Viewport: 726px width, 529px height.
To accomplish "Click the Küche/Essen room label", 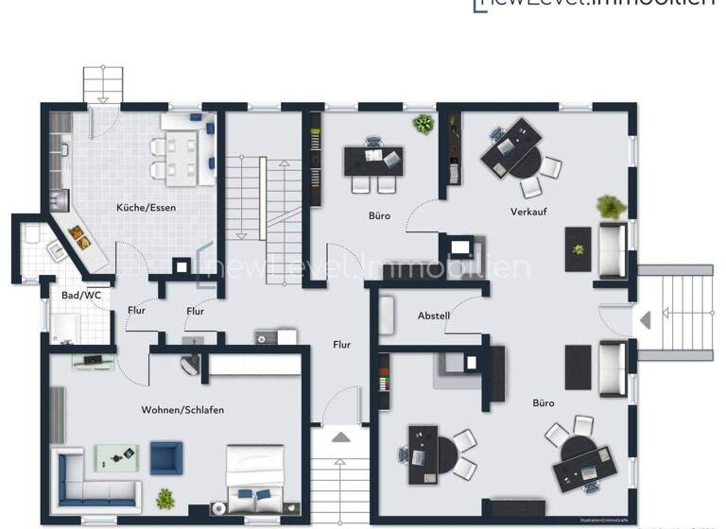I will click(146, 207).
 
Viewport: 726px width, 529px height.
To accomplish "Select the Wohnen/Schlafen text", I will click(182, 410).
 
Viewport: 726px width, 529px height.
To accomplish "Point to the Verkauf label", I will click(528, 212).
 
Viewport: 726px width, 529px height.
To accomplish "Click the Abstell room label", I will click(434, 316).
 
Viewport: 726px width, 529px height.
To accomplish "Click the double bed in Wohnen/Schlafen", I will click(254, 478).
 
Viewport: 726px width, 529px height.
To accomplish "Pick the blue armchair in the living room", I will click(164, 458).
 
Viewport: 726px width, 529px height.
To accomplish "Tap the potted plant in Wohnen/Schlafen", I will click(165, 498).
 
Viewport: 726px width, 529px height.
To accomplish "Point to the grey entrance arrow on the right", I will click(646, 320).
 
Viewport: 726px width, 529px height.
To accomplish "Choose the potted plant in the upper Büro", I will click(423, 124).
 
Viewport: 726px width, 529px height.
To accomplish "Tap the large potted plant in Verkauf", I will click(611, 206).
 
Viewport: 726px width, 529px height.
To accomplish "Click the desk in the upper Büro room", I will click(372, 160).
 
